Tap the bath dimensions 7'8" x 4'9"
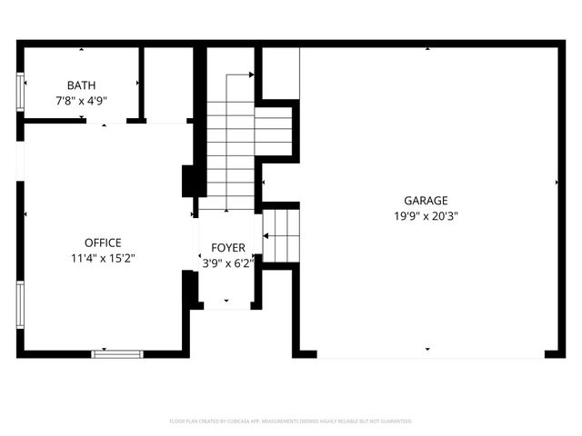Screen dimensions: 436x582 point(81,101)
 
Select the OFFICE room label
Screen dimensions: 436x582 point(103,243)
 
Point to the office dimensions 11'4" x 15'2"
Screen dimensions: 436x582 point(103,259)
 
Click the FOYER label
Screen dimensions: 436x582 point(227,248)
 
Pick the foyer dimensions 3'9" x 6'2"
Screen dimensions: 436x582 point(227,263)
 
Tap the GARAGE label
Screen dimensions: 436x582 point(426,201)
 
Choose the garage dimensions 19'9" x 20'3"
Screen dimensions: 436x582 point(426,217)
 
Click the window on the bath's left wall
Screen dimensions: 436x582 point(20,91)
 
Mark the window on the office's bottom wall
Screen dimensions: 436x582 point(117,353)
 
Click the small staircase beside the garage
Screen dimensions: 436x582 point(281,233)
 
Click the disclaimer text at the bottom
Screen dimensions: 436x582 point(291,421)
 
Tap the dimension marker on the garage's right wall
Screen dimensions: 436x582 point(557,183)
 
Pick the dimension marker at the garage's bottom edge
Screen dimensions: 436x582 point(426,349)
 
